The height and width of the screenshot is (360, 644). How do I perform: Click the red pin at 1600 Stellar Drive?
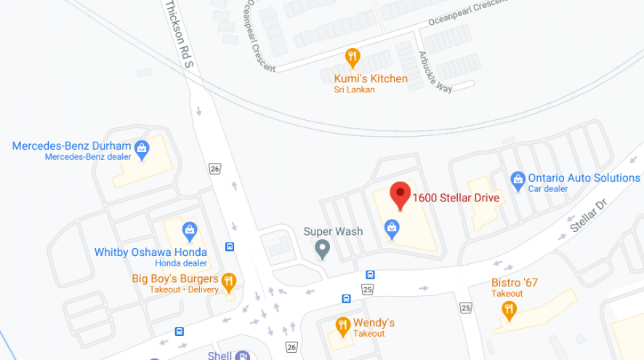pyautogui.click(x=400, y=194)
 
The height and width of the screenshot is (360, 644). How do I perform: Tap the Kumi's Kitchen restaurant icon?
pyautogui.click(x=353, y=57)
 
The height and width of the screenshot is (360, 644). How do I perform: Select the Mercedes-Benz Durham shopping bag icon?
pyautogui.click(x=142, y=148)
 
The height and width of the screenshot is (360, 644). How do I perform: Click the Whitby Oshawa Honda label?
pyautogui.click(x=150, y=252)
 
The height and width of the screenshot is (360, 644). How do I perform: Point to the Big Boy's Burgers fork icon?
pyautogui.click(x=229, y=280)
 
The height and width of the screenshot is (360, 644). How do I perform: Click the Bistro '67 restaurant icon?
pyautogui.click(x=509, y=310)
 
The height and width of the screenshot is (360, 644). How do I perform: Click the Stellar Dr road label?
pyautogui.click(x=587, y=215)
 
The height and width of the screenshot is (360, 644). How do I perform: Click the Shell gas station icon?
pyautogui.click(x=243, y=356)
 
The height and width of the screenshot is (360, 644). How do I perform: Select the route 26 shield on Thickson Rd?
pyautogui.click(x=214, y=169)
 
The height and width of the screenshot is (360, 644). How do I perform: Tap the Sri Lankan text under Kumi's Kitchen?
pyautogui.click(x=354, y=89)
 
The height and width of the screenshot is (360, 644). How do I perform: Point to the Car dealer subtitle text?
pyautogui.click(x=548, y=189)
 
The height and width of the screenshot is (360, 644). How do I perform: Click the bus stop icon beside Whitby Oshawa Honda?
pyautogui.click(x=230, y=247)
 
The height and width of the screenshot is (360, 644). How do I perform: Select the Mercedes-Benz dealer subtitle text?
pyautogui.click(x=88, y=156)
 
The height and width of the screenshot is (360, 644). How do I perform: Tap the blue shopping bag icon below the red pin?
pyautogui.click(x=392, y=229)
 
